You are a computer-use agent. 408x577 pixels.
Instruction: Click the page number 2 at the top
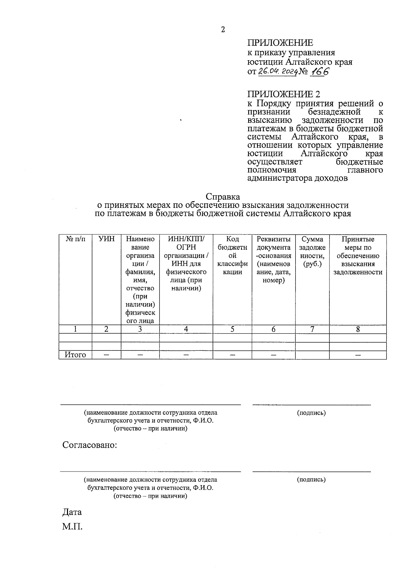[223, 30]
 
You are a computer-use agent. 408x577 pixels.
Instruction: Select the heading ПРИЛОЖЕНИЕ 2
[284, 94]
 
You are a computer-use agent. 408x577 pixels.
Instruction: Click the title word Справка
[223, 197]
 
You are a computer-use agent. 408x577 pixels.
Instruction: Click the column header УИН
[106, 239]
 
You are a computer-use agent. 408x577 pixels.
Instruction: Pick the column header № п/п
[75, 239]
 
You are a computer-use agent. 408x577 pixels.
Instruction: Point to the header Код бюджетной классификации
[233, 255]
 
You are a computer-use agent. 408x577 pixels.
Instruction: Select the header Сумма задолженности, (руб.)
[312, 251]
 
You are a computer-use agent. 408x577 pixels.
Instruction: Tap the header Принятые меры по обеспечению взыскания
[358, 255]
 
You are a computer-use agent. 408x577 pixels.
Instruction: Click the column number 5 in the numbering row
[233, 329]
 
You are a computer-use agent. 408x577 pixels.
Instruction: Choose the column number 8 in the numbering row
[358, 329]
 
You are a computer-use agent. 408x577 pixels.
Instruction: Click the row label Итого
[75, 355]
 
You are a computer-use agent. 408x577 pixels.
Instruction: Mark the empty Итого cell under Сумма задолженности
[312, 355]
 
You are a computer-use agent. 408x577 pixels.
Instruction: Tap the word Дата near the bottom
[72, 512]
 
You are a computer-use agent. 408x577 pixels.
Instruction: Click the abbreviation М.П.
[72, 527]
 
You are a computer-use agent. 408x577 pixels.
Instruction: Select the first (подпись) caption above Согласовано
[311, 413]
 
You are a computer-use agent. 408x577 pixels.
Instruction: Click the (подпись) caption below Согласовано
[311, 480]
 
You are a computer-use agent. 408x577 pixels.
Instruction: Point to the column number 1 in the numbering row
[75, 329]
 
